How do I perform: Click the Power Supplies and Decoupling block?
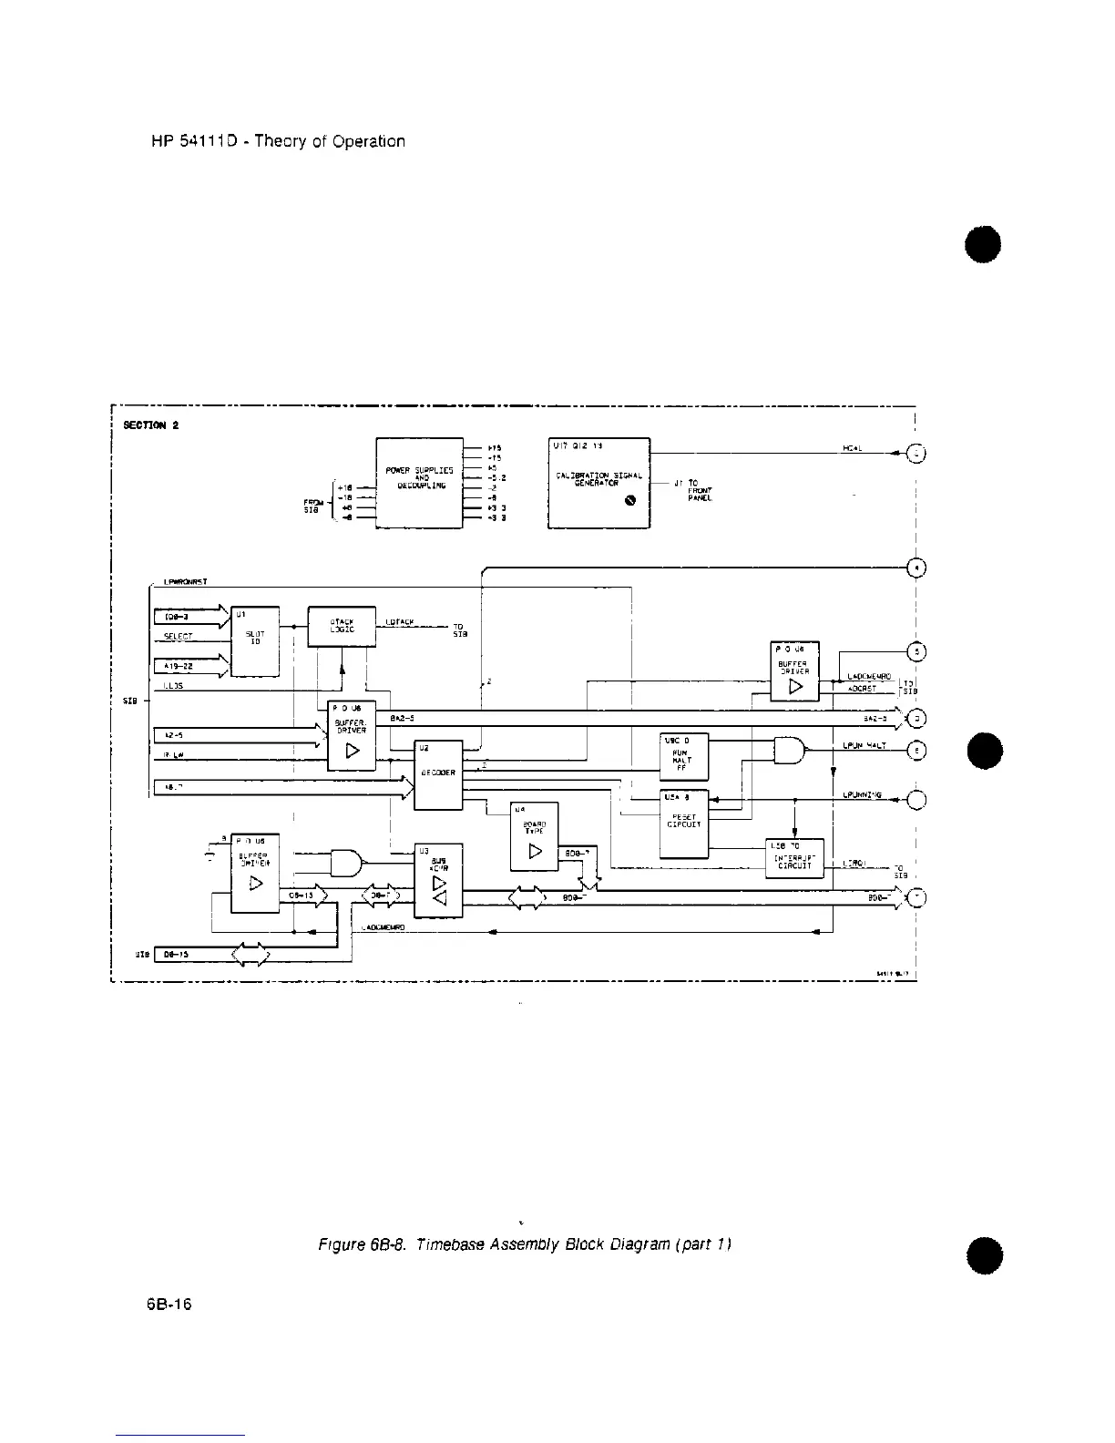point(420,483)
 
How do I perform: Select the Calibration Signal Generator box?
point(598,483)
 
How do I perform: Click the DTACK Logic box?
point(343,627)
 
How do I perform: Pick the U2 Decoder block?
point(438,774)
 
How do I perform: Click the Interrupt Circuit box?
point(796,859)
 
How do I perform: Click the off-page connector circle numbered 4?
point(918,567)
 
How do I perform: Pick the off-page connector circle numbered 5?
point(918,650)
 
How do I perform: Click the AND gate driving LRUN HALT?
point(789,751)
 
